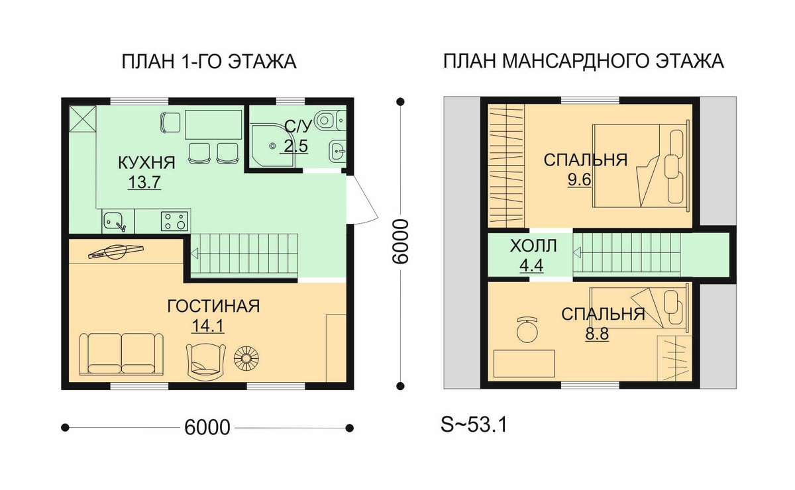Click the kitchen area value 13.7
click(x=144, y=182)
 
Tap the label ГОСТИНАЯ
click(x=213, y=306)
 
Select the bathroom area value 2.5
click(x=296, y=146)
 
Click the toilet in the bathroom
click(x=329, y=121)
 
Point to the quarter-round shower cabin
click(x=272, y=145)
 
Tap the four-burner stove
click(x=175, y=221)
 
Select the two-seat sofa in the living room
click(x=122, y=354)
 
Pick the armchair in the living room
click(x=206, y=361)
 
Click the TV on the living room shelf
click(x=116, y=252)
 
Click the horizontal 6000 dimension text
click(x=207, y=428)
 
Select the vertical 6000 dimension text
click(x=400, y=241)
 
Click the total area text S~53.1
click(x=474, y=424)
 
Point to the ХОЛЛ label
click(x=533, y=246)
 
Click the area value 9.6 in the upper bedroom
click(x=579, y=179)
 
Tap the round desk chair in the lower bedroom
click(x=527, y=330)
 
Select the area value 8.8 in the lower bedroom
click(x=597, y=334)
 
